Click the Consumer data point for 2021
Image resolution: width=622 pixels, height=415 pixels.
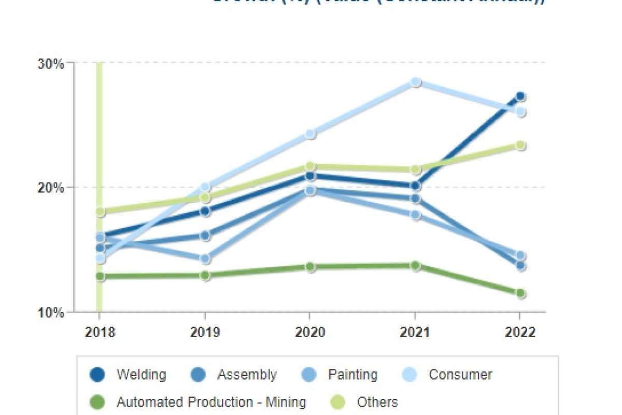point(415,82)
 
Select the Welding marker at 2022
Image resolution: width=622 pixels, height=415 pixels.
point(520,96)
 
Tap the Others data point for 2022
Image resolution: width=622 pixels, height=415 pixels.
point(520,145)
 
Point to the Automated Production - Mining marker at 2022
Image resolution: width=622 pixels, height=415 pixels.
point(520,293)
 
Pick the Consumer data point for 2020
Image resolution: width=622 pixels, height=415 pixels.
point(310,134)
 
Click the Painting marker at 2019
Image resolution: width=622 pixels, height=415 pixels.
point(205,258)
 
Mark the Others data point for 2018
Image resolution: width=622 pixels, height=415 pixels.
point(100,211)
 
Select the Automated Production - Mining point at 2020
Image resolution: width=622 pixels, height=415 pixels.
point(310,267)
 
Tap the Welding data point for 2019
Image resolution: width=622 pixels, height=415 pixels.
point(205,211)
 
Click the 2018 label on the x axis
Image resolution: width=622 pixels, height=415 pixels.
point(100,333)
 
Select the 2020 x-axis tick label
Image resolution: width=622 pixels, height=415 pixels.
point(310,333)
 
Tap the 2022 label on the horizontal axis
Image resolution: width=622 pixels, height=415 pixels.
point(520,333)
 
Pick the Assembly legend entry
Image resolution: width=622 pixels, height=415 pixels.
point(247,375)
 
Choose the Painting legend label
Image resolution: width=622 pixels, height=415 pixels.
point(352,375)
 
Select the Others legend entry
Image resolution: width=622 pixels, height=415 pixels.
point(377,402)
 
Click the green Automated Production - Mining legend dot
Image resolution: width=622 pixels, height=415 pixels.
point(97,402)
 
